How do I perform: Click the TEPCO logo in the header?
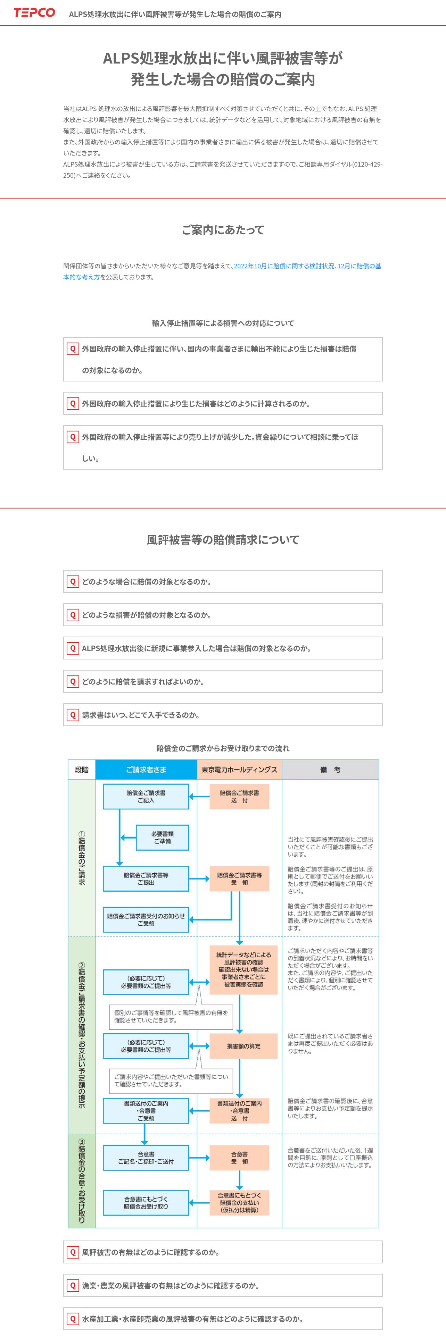point(34,13)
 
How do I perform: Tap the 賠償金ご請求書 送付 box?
point(239,797)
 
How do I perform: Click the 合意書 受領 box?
point(239,1158)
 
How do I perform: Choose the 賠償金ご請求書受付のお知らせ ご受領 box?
point(146,919)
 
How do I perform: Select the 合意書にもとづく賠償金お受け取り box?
point(146,1203)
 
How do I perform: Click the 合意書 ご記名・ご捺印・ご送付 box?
point(146,1158)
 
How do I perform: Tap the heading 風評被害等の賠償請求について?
point(223,540)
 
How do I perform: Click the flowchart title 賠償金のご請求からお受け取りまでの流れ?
point(223,748)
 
